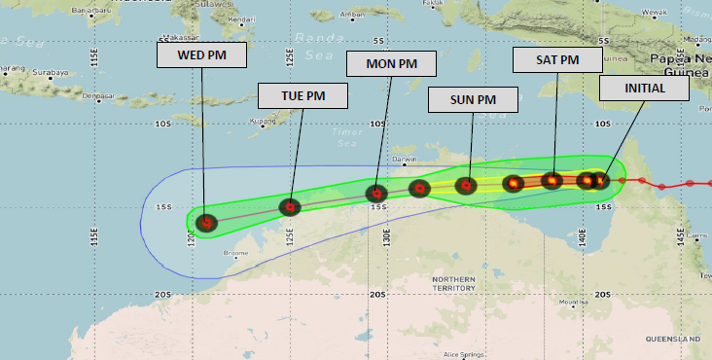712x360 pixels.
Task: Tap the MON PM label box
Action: [x=391, y=64]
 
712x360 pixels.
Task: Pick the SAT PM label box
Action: [x=556, y=60]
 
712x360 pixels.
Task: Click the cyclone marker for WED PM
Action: [x=205, y=223]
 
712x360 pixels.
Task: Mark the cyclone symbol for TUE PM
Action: [x=290, y=206]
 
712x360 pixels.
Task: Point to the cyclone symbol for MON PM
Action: [x=376, y=194]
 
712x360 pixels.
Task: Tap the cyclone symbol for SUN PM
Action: [x=466, y=185]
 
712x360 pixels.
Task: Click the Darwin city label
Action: [x=403, y=160]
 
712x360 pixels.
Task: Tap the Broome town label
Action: [x=235, y=253]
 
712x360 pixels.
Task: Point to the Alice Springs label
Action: [x=465, y=354]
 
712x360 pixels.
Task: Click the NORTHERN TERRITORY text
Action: [x=453, y=283]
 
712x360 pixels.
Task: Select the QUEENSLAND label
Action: [x=673, y=338]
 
